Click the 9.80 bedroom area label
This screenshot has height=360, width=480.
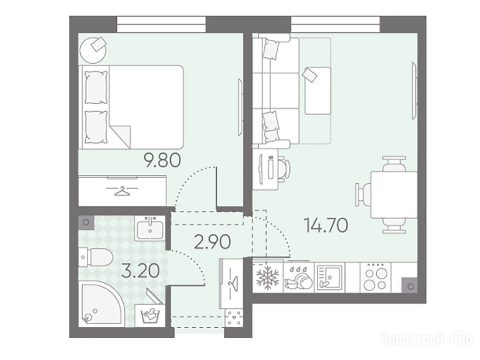point(163,160)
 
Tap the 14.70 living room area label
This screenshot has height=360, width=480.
point(326,225)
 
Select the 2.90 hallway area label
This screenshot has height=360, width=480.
point(213,242)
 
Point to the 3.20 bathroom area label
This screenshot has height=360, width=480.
point(140,271)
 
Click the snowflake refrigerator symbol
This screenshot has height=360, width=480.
point(267,277)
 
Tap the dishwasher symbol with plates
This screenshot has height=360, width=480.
point(298,277)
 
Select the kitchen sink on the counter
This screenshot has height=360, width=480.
point(329,277)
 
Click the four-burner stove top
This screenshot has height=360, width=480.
point(376,277)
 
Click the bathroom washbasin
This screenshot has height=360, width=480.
point(150,228)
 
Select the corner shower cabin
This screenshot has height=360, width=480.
point(102,303)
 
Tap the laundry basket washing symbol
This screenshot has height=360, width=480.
point(150,315)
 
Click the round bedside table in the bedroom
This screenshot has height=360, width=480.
point(93,50)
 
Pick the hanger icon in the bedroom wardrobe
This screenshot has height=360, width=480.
point(122,191)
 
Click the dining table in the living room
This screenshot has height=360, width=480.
point(394,195)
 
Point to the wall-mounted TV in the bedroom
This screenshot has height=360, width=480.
point(241,107)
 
